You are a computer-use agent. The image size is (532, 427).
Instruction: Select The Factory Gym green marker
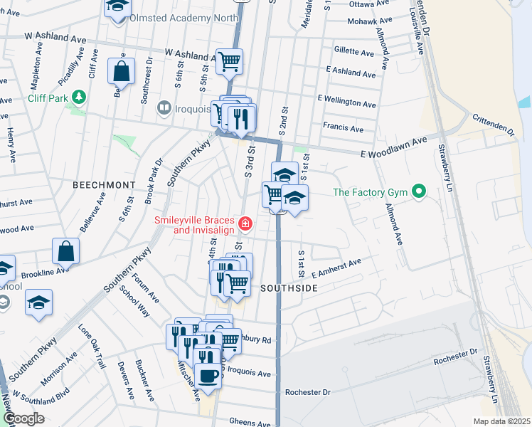click(420, 191)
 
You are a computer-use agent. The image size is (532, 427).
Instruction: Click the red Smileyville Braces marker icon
click(245, 225)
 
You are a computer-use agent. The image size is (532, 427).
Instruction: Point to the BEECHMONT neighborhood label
click(104, 184)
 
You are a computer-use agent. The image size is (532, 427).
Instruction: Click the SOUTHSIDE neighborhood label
click(288, 288)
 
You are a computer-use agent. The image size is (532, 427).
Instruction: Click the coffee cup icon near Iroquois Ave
click(208, 376)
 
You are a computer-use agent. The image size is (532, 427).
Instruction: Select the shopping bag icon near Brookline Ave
click(65, 251)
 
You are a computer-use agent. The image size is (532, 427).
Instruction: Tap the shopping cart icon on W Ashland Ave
click(229, 61)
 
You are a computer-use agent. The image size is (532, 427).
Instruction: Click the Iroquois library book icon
click(164, 108)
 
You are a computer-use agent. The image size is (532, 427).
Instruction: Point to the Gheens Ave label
click(250, 423)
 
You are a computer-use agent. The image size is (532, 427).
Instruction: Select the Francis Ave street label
click(343, 129)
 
